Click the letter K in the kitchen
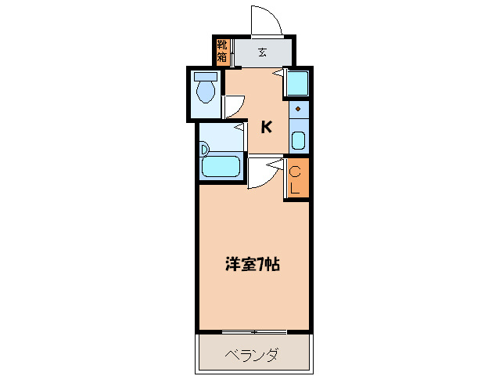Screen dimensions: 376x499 coord(266,127)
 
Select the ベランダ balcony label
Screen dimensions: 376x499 coord(252,355)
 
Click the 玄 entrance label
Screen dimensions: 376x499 coord(262,53)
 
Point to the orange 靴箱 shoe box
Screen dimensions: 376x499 coord(222,52)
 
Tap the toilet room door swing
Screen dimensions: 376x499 coord(234,106)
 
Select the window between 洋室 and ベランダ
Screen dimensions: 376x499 coord(254,331)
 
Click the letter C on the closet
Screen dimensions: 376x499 coord(296,172)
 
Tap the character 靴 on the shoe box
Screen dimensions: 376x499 coord(222,45)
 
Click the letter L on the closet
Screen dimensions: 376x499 coord(296,188)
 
